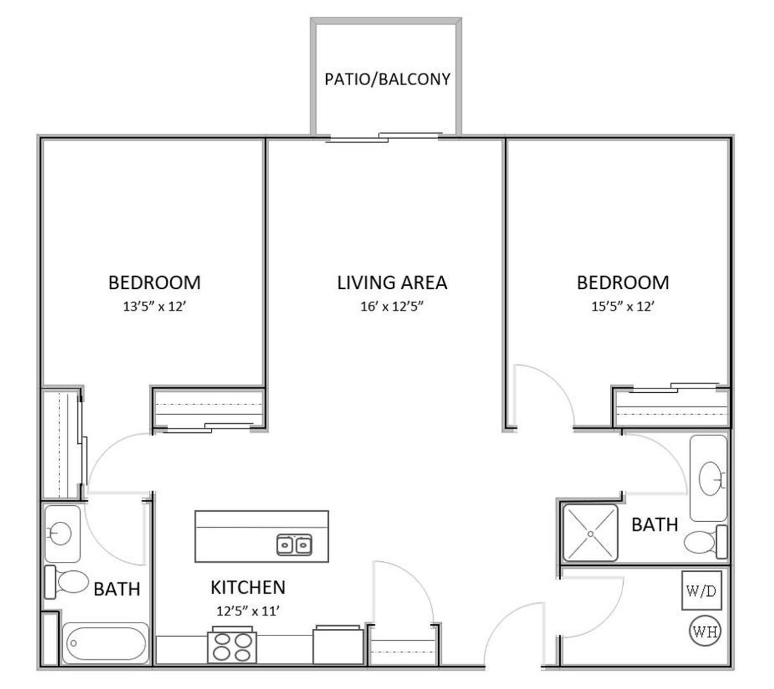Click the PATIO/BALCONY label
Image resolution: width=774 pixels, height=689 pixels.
387,79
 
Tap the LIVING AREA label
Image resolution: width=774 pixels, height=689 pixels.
392,283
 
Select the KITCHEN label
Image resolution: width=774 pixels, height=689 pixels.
248,587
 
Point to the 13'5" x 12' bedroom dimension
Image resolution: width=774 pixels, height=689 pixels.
154,306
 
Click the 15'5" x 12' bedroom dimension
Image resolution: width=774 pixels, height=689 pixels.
622,306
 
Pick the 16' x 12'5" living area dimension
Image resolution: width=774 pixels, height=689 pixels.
392,306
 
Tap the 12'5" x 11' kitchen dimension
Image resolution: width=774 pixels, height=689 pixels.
248,612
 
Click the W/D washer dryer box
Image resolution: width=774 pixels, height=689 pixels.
701,591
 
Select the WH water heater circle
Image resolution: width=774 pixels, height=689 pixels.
705,632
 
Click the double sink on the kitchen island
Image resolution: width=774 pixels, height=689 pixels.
294,545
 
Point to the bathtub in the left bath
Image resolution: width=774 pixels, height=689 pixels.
106,644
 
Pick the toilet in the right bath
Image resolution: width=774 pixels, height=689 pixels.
705,542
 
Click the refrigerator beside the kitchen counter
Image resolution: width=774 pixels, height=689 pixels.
338,645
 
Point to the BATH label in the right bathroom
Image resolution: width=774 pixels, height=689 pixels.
655,524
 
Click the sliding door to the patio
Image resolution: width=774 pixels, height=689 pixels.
384,137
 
